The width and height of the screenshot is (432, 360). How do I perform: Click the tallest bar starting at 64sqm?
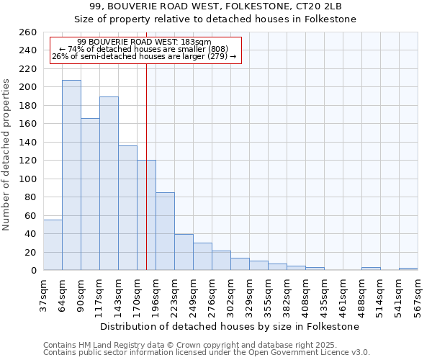tap(71, 175)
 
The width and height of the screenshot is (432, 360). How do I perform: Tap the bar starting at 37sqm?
tap(53, 245)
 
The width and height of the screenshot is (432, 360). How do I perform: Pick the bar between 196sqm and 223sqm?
tap(165, 231)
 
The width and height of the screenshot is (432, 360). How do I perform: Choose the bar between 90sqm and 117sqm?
tap(90, 194)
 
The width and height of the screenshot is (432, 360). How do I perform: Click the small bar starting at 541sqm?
tap(408, 269)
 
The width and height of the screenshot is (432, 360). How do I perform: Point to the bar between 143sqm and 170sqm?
tap(127, 207)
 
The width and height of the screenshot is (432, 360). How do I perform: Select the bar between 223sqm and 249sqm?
tap(184, 252)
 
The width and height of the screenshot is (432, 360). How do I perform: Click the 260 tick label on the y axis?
tap(28, 32)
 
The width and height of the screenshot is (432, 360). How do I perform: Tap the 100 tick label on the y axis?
tap(28, 179)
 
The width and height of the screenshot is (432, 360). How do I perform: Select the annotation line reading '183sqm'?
tap(144, 42)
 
